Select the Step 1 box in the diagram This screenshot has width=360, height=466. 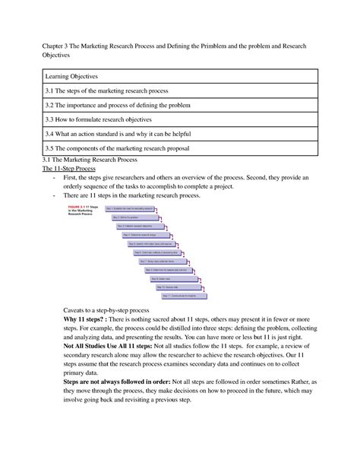[x=130, y=208]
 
